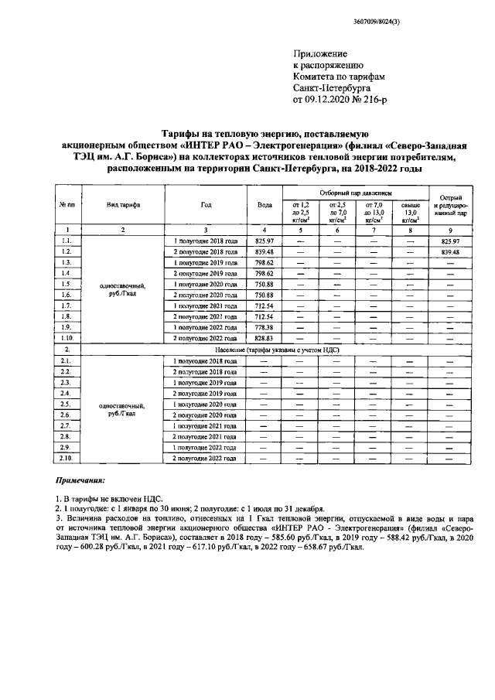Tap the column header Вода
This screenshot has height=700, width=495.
[265, 204]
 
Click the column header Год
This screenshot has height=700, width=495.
[205, 204]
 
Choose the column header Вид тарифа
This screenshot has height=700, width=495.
[123, 204]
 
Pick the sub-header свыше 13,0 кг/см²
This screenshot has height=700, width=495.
[410, 211]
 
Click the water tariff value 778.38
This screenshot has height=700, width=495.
[265, 328]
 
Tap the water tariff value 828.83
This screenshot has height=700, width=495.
[265, 339]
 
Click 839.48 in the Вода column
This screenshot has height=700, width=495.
[265, 252]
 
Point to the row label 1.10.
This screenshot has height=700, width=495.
[67, 339]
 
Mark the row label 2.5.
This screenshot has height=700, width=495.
[67, 405]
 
